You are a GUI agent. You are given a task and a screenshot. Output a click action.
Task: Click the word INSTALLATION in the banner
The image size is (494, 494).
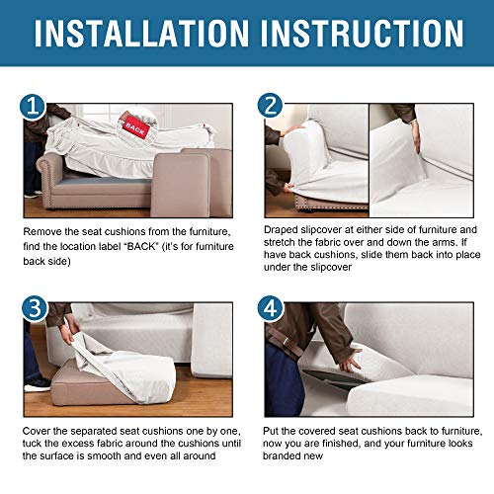(x=141, y=33)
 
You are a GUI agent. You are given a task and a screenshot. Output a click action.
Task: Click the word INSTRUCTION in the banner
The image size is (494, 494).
(x=363, y=33)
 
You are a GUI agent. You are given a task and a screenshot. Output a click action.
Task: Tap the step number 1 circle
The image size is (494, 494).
(x=33, y=107)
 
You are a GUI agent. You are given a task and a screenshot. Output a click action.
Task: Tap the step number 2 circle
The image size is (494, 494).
(x=270, y=106)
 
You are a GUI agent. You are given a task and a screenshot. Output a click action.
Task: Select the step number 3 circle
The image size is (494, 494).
(x=35, y=309)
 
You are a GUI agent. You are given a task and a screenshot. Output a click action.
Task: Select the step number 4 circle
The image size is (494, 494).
(x=271, y=309)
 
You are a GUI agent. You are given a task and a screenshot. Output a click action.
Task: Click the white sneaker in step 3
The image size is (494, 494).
(x=37, y=384)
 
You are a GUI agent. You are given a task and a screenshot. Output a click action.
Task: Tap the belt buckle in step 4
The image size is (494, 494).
(x=286, y=341)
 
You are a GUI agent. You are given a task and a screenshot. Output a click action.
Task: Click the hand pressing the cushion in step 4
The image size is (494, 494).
(x=350, y=362)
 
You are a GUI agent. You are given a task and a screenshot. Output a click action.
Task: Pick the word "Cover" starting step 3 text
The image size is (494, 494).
(x=36, y=431)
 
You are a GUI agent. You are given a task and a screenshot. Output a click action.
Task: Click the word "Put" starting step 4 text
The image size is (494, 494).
(x=271, y=431)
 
